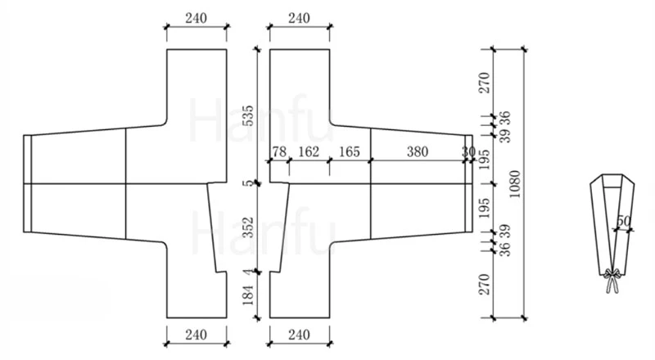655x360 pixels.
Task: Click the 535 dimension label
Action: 248,115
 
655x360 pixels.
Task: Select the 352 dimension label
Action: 248,227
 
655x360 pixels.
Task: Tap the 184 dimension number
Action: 248,295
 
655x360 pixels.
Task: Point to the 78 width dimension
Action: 279,151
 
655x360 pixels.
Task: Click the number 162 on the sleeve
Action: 309,151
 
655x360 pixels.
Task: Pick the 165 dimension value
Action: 350,151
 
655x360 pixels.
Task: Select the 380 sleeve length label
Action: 418,151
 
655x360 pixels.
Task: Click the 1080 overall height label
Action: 515,184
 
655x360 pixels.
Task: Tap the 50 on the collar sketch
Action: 623,221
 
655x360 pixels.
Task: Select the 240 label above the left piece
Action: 196,18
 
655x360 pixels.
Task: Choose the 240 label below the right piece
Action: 299,335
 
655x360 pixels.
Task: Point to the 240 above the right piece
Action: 299,18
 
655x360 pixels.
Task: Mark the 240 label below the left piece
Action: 196,335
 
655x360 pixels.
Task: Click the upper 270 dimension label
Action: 484,83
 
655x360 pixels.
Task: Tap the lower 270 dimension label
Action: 484,285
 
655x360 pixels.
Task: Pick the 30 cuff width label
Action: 468,151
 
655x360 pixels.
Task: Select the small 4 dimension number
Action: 249,272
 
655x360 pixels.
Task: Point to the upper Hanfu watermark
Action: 261,119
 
